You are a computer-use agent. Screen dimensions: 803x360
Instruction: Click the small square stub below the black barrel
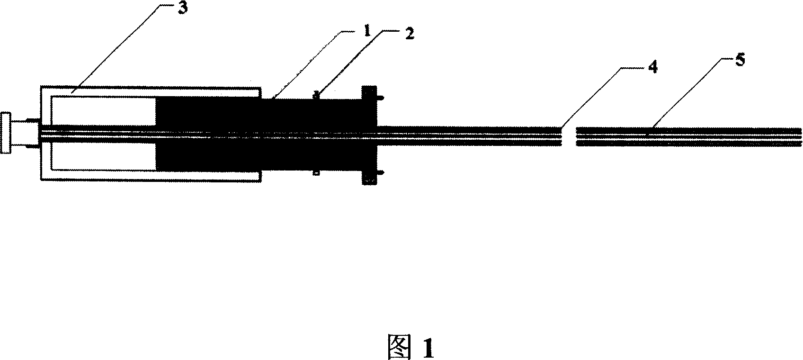316,173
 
